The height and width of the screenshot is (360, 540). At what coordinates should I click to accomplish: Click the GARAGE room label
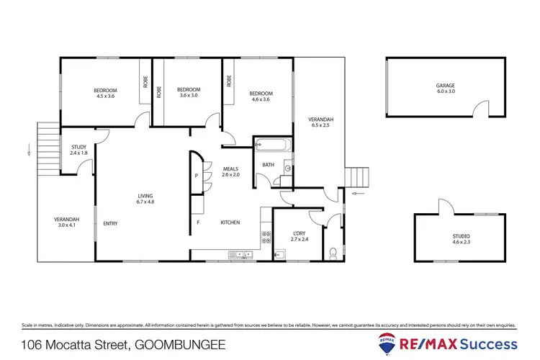445,85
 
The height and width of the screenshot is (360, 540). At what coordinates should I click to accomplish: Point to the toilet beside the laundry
333,253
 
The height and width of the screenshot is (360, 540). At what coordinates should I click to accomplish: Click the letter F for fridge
198,222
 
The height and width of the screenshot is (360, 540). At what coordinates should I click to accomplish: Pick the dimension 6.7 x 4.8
146,202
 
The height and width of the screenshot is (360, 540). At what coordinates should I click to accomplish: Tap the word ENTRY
110,222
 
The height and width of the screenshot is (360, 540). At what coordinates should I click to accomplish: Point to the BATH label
267,165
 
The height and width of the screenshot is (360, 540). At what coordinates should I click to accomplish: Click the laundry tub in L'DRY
280,253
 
